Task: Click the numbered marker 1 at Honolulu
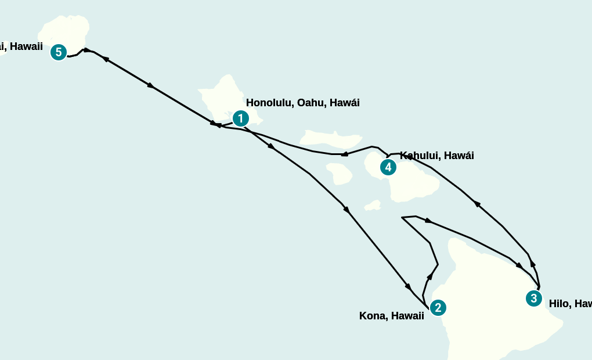click(240, 118)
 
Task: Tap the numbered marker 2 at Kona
click(438, 308)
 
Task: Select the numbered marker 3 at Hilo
click(533, 298)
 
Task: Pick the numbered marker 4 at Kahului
click(388, 167)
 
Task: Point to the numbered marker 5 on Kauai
click(58, 52)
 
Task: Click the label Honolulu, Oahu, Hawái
click(302, 103)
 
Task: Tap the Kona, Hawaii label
click(391, 316)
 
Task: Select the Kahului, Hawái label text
click(436, 156)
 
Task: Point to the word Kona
click(373, 316)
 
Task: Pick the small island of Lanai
click(340, 173)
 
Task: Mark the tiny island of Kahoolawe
click(373, 206)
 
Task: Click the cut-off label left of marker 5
click(21, 46)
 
